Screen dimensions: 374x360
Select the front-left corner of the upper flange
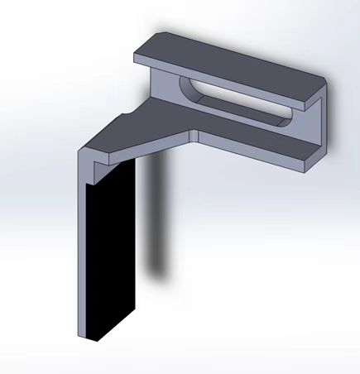pos(137,56)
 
